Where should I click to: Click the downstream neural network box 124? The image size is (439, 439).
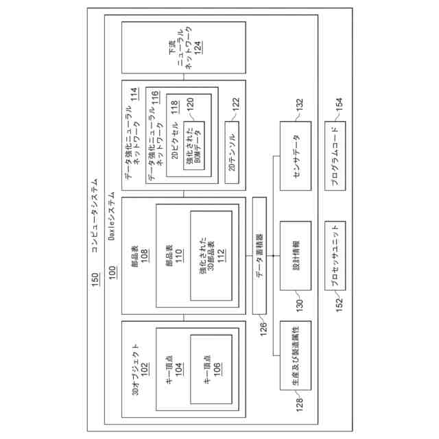coord(183,47)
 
